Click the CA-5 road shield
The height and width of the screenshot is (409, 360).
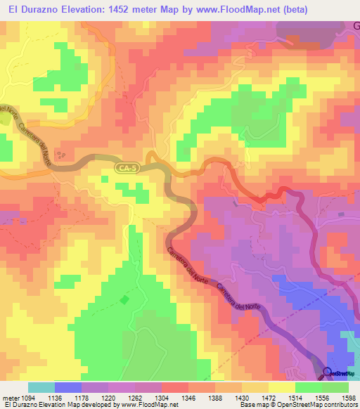(x=125, y=167)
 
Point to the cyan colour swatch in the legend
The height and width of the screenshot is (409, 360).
(x=41, y=387)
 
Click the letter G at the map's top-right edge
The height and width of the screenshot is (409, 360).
(x=355, y=26)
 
